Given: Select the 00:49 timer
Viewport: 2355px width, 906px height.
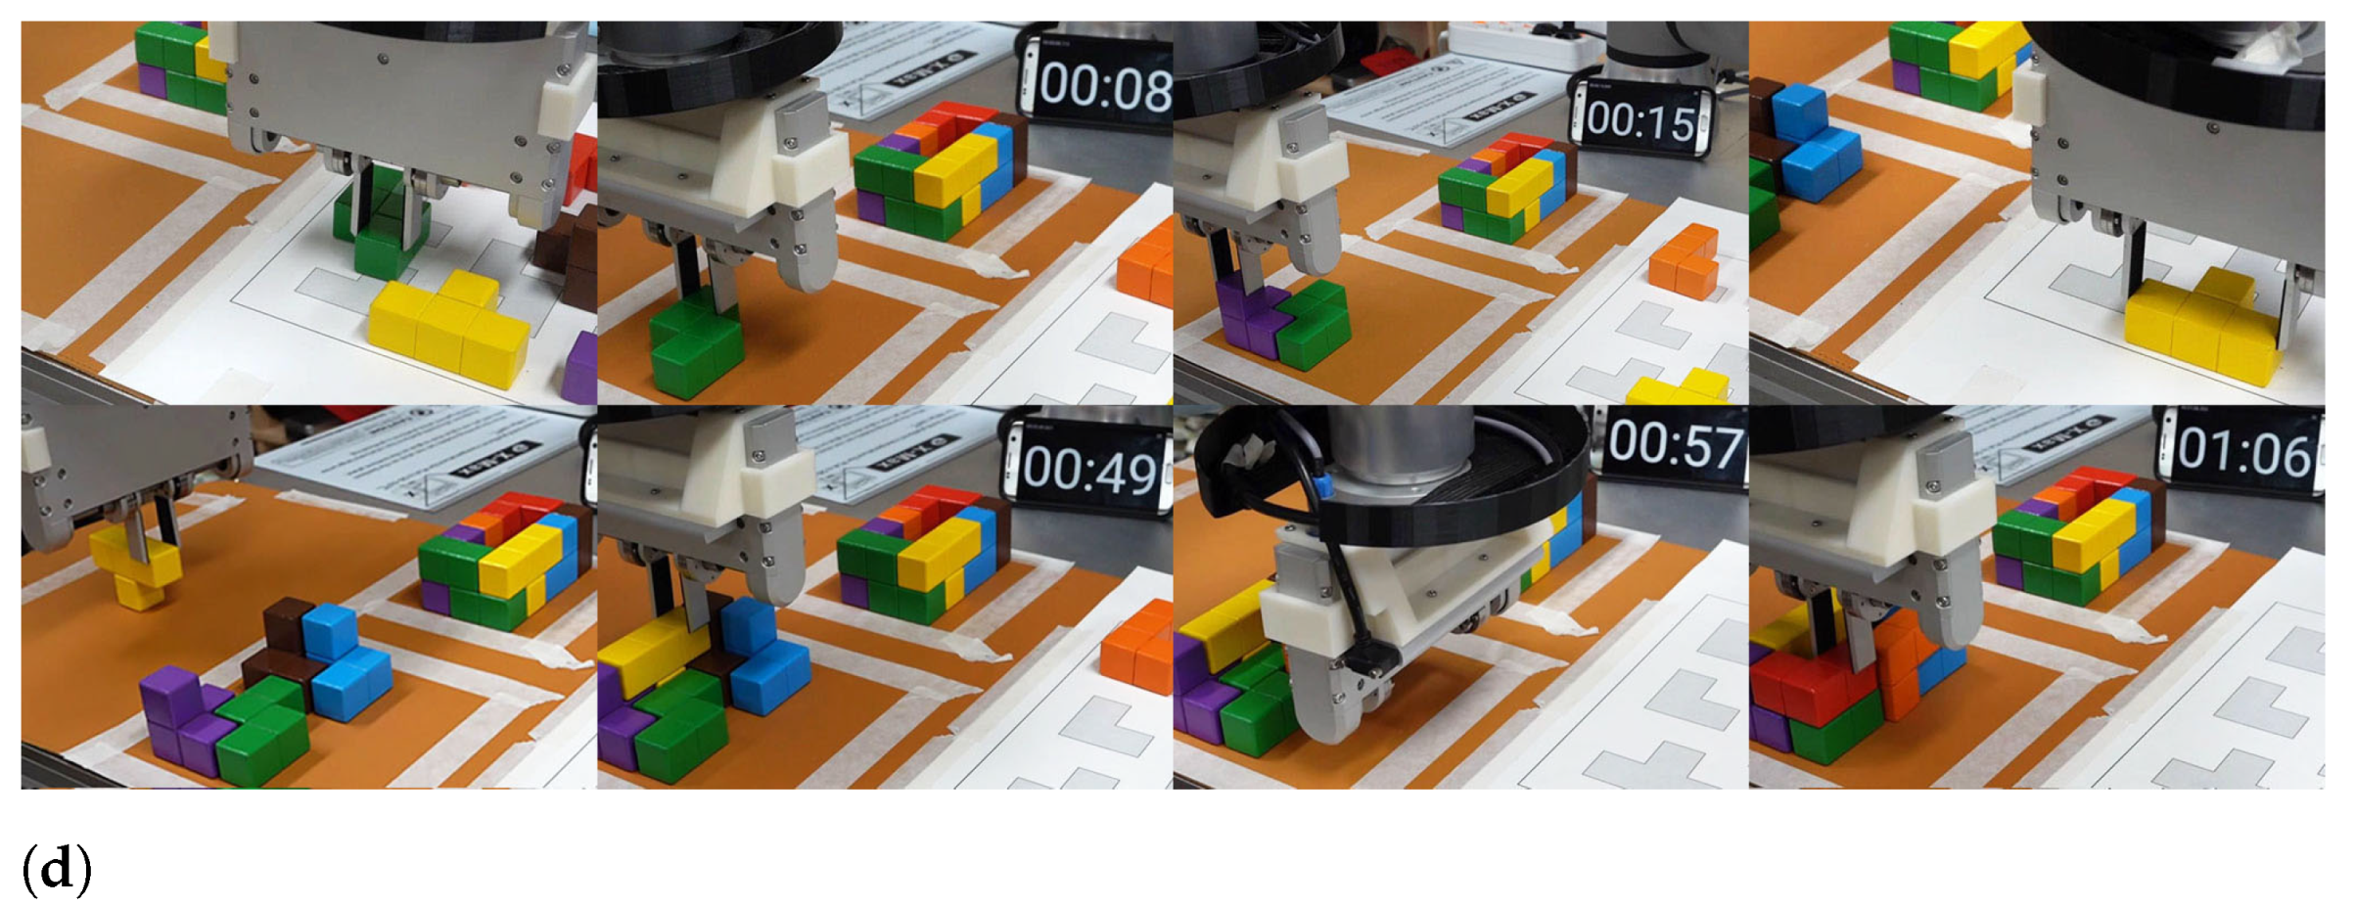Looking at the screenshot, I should pos(1089,472).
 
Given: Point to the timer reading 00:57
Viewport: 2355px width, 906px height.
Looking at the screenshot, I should pos(1675,444).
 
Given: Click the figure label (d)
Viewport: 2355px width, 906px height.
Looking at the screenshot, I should pos(57,868).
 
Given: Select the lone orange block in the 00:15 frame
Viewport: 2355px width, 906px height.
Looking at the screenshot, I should pos(1684,260).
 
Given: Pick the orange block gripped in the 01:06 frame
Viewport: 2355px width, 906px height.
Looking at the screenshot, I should pos(1904,665).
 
